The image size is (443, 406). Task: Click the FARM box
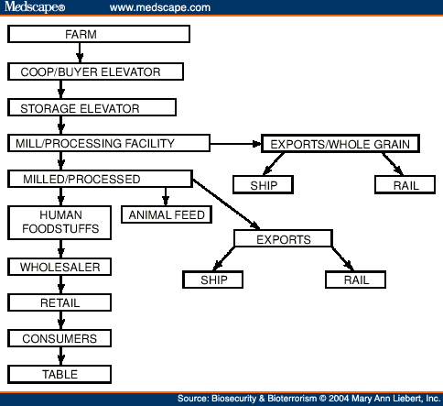click(x=99, y=34)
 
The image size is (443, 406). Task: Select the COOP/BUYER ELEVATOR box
click(x=95, y=71)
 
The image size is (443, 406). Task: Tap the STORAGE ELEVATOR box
click(x=92, y=107)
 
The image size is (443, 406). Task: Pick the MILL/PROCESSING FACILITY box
click(x=109, y=143)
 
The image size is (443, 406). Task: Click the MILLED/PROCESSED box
click(x=101, y=179)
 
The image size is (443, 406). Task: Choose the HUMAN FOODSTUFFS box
click(x=59, y=223)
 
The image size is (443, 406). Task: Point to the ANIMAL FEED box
click(x=167, y=214)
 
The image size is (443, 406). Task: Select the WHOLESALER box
click(x=59, y=267)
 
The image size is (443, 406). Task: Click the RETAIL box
click(x=59, y=302)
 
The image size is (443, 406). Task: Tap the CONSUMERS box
click(x=59, y=338)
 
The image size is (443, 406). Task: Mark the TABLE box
click(x=59, y=374)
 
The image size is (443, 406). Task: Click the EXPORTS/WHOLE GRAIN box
click(x=340, y=144)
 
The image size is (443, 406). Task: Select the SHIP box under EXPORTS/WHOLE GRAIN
click(x=264, y=184)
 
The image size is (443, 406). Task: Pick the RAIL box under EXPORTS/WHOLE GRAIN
click(x=405, y=184)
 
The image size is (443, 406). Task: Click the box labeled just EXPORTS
click(x=284, y=238)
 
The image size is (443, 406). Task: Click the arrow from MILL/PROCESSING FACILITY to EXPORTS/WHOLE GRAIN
click(x=235, y=144)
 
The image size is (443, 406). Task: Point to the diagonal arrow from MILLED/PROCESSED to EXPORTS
click(x=226, y=204)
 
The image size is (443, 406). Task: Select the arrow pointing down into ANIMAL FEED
click(x=166, y=197)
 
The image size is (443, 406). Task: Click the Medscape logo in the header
click(x=35, y=6)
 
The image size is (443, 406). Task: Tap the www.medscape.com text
click(x=160, y=7)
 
